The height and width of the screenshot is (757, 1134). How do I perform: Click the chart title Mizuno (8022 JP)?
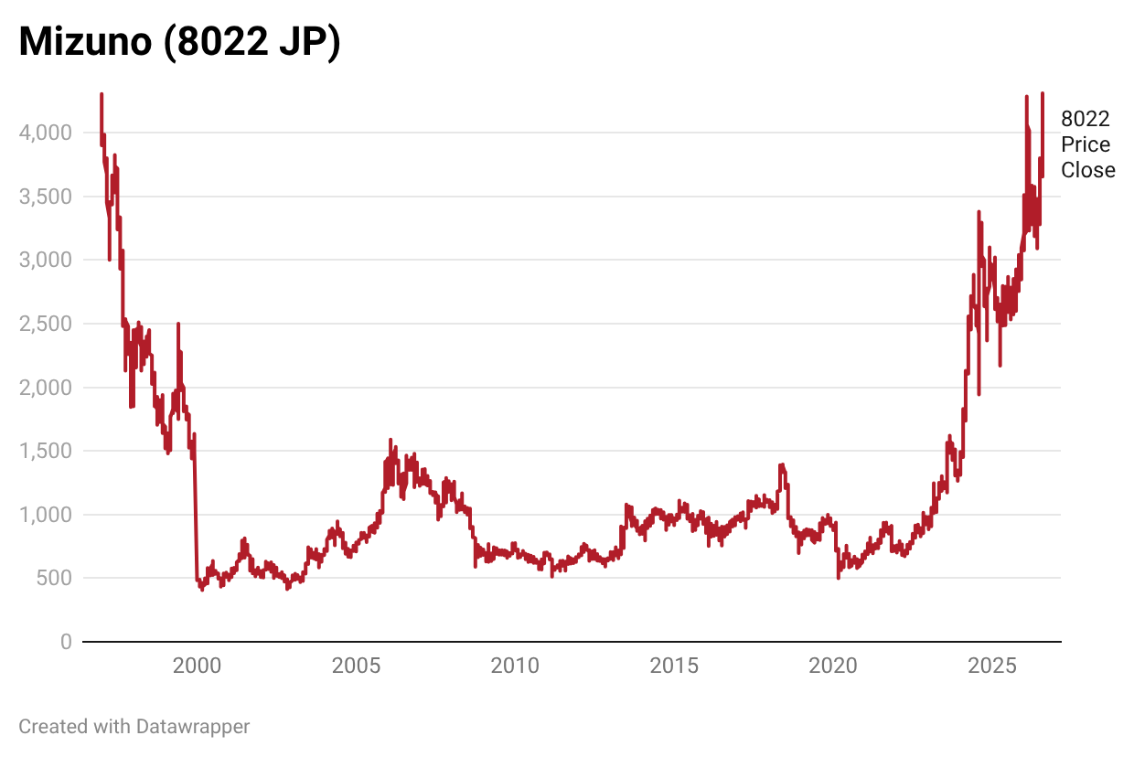pyautogui.click(x=180, y=42)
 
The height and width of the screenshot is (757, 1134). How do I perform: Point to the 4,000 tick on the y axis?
pyautogui.click(x=46, y=133)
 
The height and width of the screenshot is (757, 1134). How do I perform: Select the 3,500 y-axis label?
pyautogui.click(x=46, y=197)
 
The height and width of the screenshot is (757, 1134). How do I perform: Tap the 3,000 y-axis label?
pyautogui.click(x=46, y=260)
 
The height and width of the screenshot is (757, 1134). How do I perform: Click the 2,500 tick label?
pyautogui.click(x=46, y=324)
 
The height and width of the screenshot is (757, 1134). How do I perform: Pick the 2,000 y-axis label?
pyautogui.click(x=46, y=388)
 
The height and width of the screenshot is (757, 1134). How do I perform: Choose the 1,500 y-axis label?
pyautogui.click(x=46, y=451)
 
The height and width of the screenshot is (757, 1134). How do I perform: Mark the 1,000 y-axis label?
pyautogui.click(x=46, y=515)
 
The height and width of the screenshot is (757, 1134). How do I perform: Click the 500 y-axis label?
pyautogui.click(x=54, y=578)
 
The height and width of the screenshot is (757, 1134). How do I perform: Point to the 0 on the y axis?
pyautogui.click(x=67, y=642)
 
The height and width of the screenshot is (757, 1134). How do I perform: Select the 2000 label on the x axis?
pyautogui.click(x=197, y=666)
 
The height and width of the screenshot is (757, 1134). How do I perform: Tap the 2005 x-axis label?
pyautogui.click(x=356, y=666)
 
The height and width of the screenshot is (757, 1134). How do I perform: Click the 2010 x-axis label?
pyautogui.click(x=515, y=666)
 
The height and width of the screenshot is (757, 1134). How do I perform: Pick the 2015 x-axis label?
pyautogui.click(x=674, y=666)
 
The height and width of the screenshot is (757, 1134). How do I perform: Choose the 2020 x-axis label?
pyautogui.click(x=833, y=666)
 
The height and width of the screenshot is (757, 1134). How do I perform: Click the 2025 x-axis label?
pyautogui.click(x=991, y=666)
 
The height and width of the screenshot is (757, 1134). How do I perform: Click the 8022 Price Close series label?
pyautogui.click(x=1088, y=144)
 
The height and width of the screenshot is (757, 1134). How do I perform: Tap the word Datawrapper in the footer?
pyautogui.click(x=193, y=727)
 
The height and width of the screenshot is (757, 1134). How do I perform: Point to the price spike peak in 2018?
pyautogui.click(x=782, y=464)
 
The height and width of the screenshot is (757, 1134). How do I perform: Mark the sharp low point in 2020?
pyautogui.click(x=839, y=578)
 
